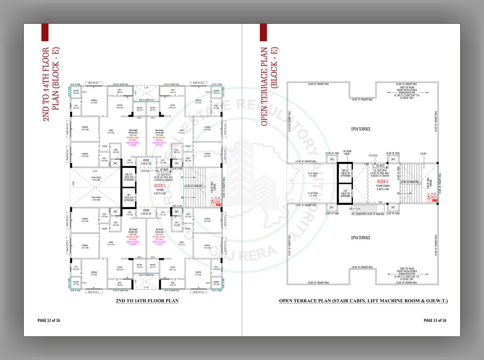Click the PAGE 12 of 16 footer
tap(49, 320)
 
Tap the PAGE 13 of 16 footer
tap(435, 320)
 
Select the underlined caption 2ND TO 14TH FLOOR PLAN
tap(147, 301)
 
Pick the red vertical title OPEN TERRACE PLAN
tap(265, 81)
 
